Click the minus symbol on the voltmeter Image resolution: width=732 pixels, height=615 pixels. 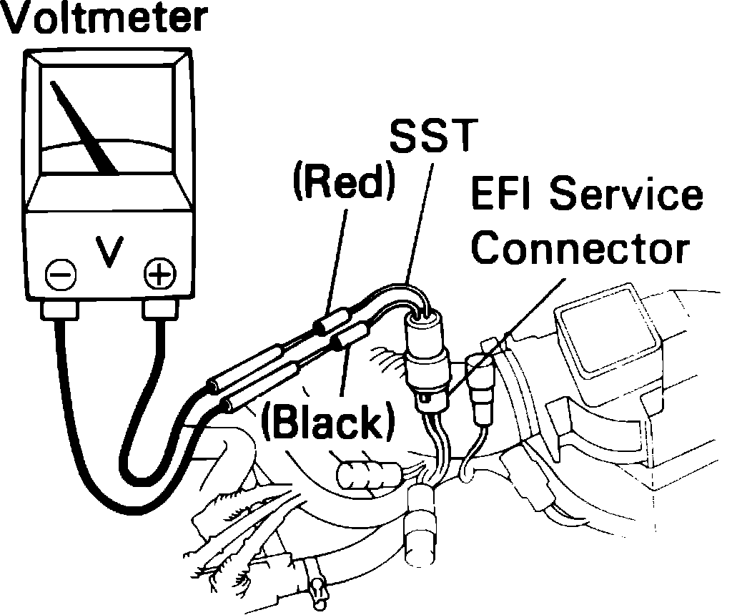coord(58,273)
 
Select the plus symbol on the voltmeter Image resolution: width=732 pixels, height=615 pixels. coord(158,272)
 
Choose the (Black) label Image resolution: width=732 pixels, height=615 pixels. coord(327,424)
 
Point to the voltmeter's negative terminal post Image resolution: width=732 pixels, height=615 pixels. coord(59,310)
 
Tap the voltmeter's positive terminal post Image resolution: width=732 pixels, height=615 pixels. coord(159,310)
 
